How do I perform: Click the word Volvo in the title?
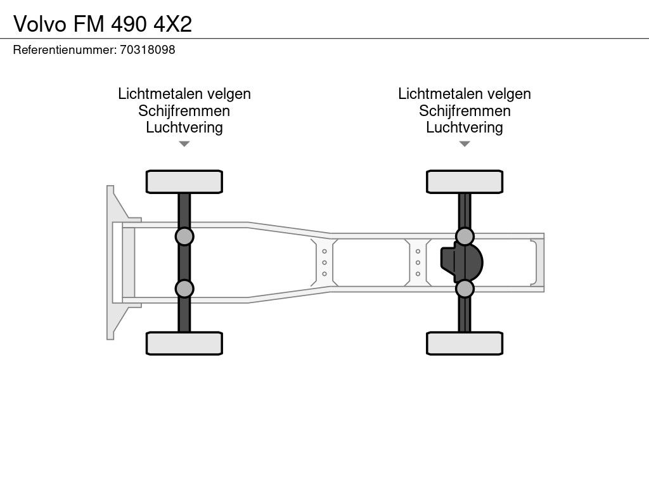[40, 24]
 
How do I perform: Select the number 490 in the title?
[129, 24]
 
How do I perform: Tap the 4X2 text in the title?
[172, 24]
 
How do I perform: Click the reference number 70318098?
[147, 49]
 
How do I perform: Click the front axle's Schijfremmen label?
[184, 110]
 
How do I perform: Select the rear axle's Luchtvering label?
[465, 127]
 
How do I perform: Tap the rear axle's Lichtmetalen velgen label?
[465, 94]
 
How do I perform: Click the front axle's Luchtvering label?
[184, 127]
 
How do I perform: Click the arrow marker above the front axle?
[184, 144]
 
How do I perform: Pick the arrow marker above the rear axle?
[465, 144]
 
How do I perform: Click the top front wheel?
[184, 182]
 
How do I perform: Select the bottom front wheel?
[184, 343]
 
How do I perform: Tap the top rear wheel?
[465, 182]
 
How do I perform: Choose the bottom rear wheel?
[465, 343]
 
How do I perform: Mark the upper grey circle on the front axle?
[184, 237]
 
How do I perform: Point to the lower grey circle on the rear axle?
[465, 289]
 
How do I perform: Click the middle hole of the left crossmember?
[324, 263]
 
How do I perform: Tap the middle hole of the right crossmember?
[418, 263]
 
